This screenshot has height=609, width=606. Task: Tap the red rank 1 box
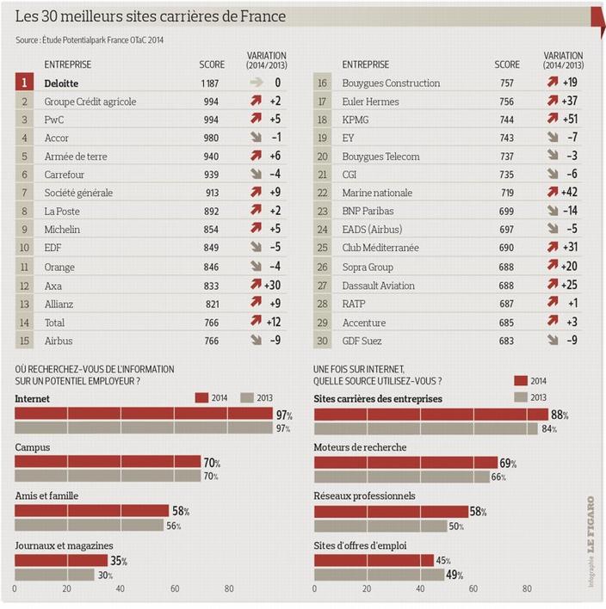[x=26, y=83]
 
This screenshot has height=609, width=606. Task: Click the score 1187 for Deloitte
[x=211, y=83]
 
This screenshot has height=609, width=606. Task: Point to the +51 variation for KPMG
[x=569, y=120]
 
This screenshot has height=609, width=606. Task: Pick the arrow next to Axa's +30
[x=256, y=286]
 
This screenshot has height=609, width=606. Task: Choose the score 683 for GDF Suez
[x=507, y=341]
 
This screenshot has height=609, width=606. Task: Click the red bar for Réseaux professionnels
[x=391, y=512]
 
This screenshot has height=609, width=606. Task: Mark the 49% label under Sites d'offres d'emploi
[x=454, y=575]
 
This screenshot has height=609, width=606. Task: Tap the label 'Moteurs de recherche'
[x=361, y=447]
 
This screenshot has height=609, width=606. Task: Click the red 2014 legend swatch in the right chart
[x=522, y=380]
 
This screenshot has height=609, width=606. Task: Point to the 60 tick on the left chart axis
[x=175, y=589]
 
